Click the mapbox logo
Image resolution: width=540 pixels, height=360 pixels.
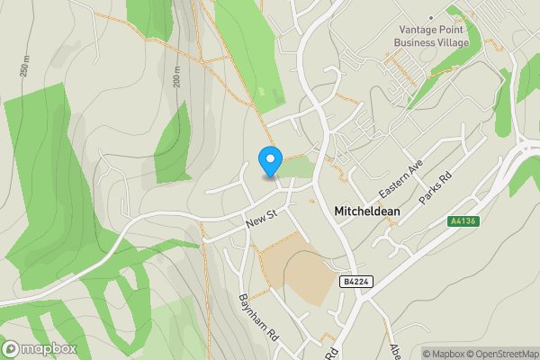click(40, 349)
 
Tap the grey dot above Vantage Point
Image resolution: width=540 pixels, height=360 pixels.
click(432, 17)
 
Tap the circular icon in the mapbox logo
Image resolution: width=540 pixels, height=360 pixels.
click(11, 349)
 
